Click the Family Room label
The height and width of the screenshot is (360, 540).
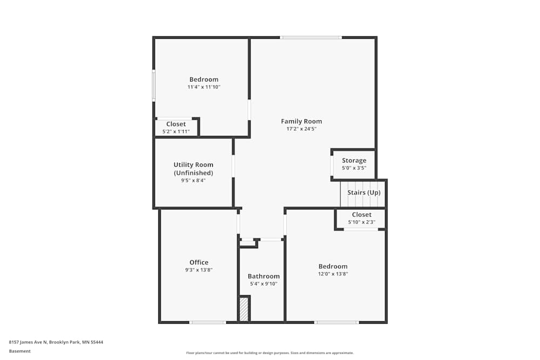pyautogui.click(x=301, y=121)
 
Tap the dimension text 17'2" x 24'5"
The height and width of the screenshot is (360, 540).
pyautogui.click(x=301, y=129)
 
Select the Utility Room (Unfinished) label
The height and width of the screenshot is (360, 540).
pyautogui.click(x=193, y=168)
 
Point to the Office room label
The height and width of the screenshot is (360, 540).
pyautogui.click(x=199, y=262)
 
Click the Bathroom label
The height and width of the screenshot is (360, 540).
pyautogui.click(x=264, y=276)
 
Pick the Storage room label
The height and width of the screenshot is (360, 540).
pyautogui.click(x=354, y=160)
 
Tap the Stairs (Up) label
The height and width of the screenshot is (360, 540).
pyautogui.click(x=363, y=193)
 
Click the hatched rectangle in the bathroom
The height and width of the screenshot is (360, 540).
pyautogui.click(x=244, y=309)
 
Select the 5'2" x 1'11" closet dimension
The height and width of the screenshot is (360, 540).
pyautogui.click(x=176, y=131)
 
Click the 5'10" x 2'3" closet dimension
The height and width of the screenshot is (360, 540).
pyautogui.click(x=361, y=222)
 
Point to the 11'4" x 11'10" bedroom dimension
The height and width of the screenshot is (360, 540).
pyautogui.click(x=204, y=87)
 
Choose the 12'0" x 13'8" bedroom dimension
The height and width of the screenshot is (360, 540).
pyautogui.click(x=333, y=274)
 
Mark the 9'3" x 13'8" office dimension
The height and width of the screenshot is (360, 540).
pyautogui.click(x=199, y=270)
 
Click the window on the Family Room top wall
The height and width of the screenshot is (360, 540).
pyautogui.click(x=310, y=37)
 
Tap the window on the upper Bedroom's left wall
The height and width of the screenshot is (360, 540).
pyautogui.click(x=154, y=85)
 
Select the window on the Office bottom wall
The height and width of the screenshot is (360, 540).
pyautogui.click(x=207, y=322)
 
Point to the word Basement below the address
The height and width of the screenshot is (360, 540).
pyautogui.click(x=20, y=351)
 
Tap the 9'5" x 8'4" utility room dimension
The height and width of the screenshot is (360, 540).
pyautogui.click(x=193, y=180)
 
